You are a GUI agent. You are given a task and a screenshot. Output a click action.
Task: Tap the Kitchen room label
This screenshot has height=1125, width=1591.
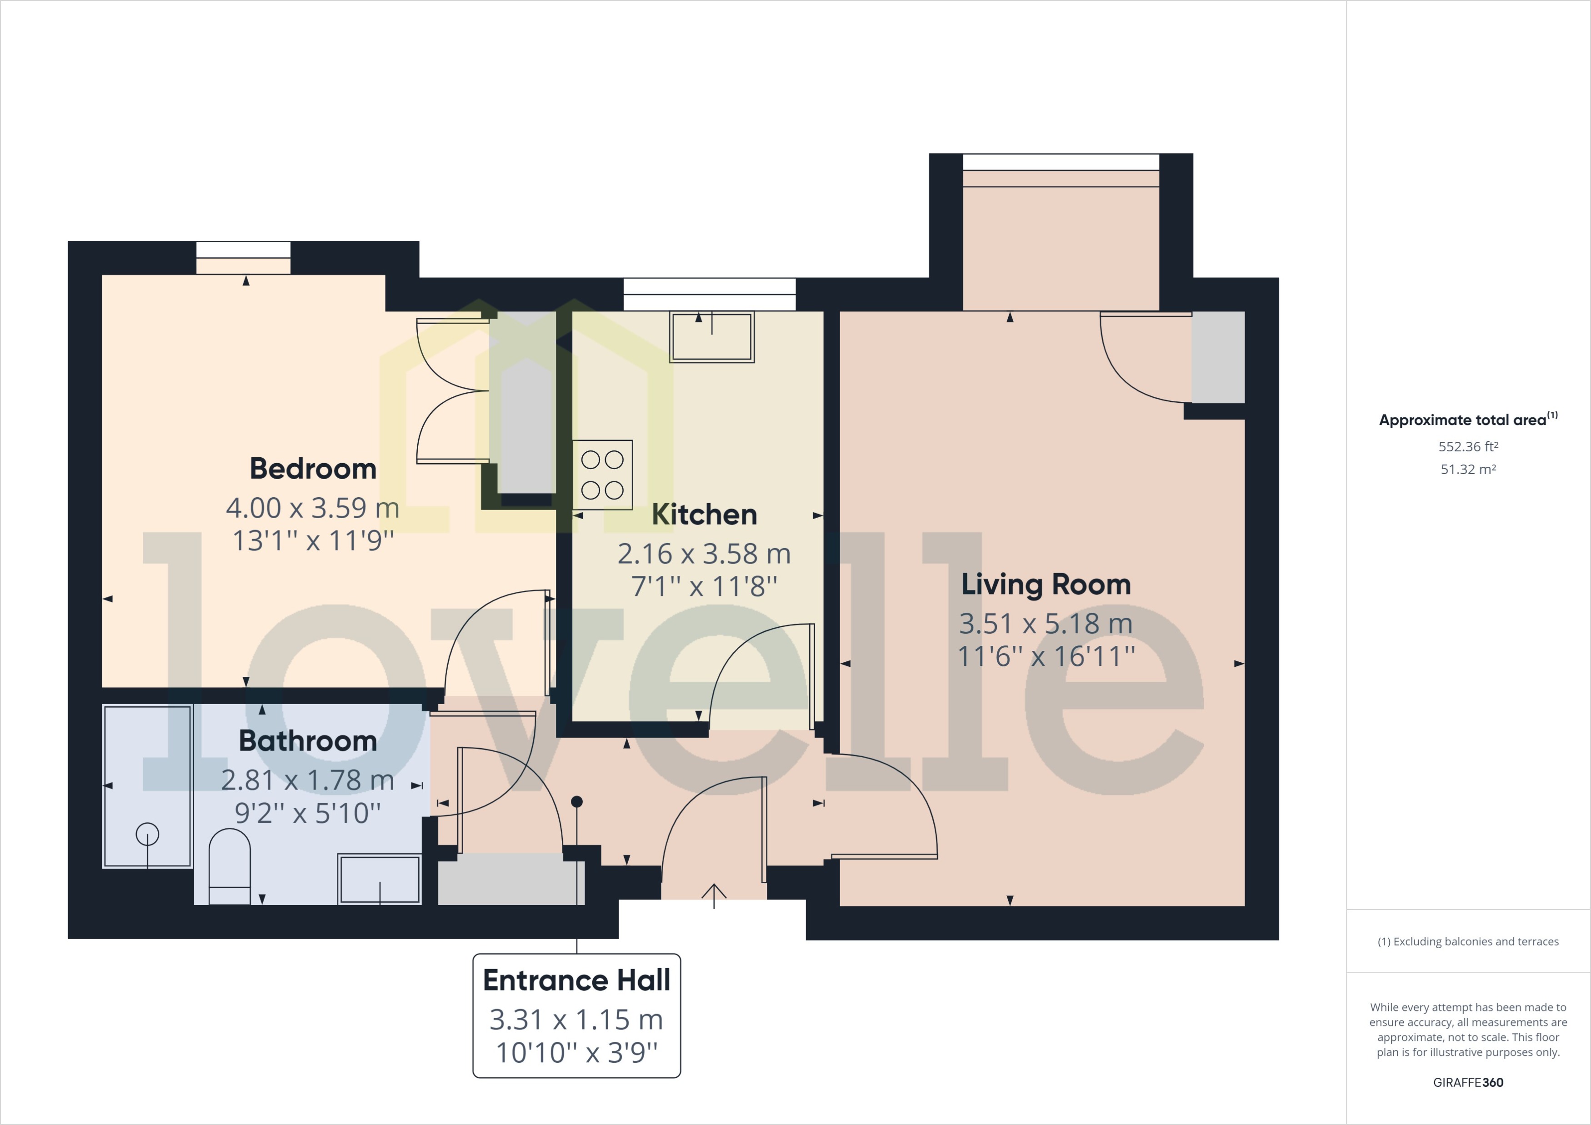[704, 515]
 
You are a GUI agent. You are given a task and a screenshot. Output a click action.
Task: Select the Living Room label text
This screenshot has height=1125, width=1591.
[1045, 585]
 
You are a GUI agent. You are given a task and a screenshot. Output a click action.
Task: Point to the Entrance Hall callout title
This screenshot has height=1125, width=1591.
[576, 980]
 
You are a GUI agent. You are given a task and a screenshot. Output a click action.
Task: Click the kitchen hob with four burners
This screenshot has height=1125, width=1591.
[602, 475]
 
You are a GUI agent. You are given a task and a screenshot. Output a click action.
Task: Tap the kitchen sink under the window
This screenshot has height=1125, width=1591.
[712, 337]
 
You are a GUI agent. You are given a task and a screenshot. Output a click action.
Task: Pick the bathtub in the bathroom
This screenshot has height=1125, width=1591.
[147, 786]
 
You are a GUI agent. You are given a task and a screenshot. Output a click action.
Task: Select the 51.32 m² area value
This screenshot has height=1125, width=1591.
[1468, 470]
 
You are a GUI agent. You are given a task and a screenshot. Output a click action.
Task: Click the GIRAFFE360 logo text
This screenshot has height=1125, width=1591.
[1468, 1082]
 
